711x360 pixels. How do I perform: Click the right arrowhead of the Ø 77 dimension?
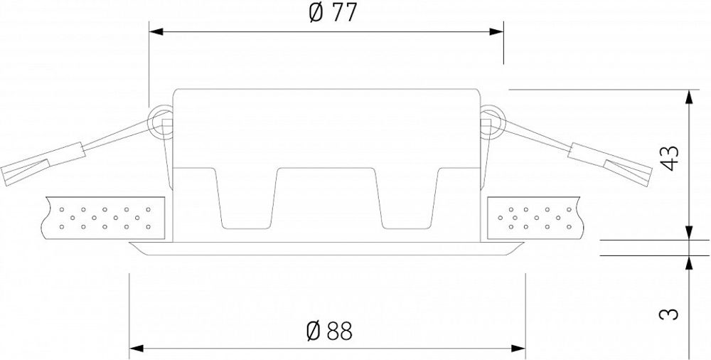pyautogui.click(x=497, y=32)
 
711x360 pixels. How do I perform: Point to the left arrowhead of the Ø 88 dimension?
pyautogui.click(x=135, y=349)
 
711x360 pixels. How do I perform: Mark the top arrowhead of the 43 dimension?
pyautogui.click(x=688, y=96)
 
